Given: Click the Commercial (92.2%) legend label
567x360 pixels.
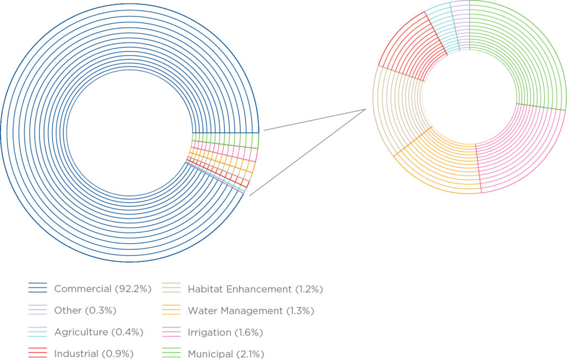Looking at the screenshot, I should point(102,289).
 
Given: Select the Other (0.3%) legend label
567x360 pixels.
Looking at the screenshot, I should point(85,310).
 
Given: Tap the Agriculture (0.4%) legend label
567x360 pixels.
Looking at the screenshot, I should point(99,332).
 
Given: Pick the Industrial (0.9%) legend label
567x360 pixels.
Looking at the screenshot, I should point(94,353).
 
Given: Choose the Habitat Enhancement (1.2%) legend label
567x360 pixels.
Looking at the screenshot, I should point(255,289).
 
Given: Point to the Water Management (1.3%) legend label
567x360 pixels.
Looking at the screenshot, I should point(251,310).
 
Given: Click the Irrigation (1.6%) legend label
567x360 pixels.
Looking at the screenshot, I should point(225,332).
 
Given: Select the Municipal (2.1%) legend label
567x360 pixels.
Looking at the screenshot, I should point(225,353).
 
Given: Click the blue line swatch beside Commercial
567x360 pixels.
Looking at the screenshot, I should point(38,289).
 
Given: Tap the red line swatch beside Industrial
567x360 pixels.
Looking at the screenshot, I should point(38,353).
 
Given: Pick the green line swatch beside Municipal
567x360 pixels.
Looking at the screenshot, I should point(171,353).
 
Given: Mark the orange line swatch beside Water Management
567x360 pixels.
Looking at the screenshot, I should point(171,310).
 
